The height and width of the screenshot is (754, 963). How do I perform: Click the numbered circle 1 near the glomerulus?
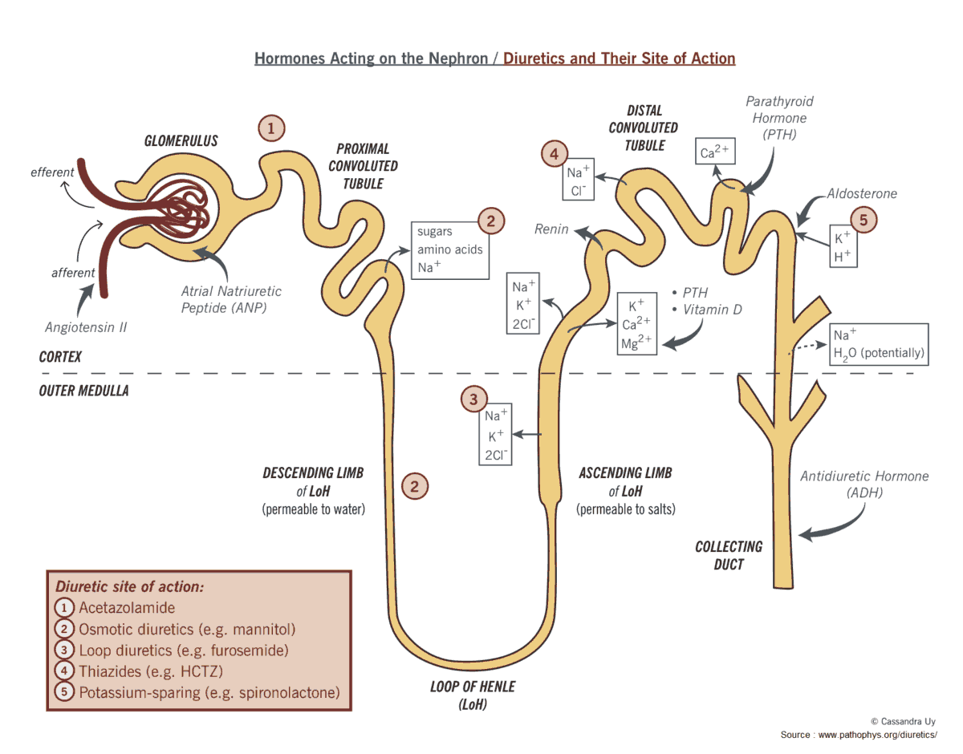coord(271,128)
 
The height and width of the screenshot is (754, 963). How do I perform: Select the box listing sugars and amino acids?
coord(449,249)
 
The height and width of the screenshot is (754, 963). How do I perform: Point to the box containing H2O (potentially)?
coord(878,344)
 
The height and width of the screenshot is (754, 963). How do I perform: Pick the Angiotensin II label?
coord(86,327)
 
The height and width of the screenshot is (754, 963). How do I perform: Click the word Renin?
coord(551,229)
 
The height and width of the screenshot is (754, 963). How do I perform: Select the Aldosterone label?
coord(863,193)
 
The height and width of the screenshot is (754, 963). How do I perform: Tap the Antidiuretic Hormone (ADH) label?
coord(864,484)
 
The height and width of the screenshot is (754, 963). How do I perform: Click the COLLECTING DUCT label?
coord(729,555)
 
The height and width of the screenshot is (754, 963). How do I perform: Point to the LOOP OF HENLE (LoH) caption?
coord(473,695)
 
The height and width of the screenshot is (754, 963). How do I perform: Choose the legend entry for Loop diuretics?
coord(183,651)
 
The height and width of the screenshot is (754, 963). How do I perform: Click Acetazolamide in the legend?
coord(127,608)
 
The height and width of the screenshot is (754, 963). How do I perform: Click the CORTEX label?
coord(60,357)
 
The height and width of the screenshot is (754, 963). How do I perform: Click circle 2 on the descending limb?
coord(415,485)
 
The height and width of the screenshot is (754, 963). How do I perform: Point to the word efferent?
coord(52,172)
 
